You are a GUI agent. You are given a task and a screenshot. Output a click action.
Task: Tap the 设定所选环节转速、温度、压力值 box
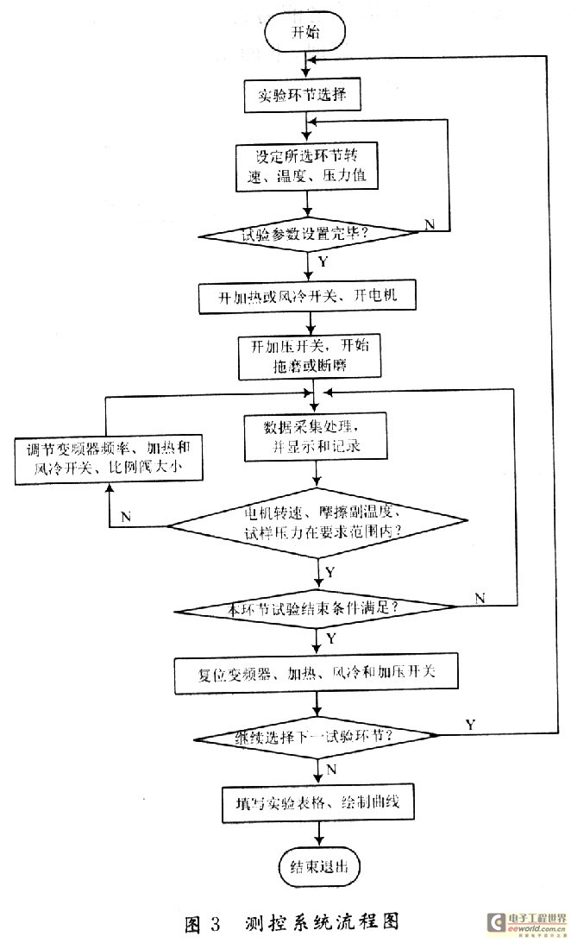[x=302, y=166]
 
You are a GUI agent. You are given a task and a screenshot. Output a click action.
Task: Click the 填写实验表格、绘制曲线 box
[x=319, y=802]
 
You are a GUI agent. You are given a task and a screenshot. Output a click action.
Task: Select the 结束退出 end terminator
[x=318, y=865]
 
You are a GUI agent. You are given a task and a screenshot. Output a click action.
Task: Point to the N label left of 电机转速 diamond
[x=127, y=516]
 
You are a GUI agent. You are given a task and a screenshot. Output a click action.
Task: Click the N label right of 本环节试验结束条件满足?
[x=480, y=597]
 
